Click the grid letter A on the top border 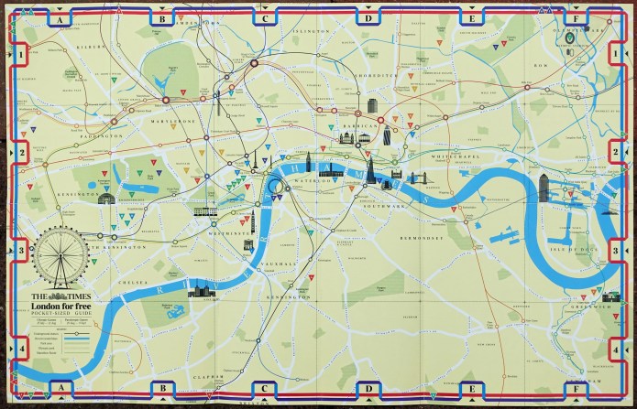click(59, 17)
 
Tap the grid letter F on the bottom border click(576, 389)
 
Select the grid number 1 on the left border click(20, 57)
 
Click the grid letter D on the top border click(369, 17)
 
